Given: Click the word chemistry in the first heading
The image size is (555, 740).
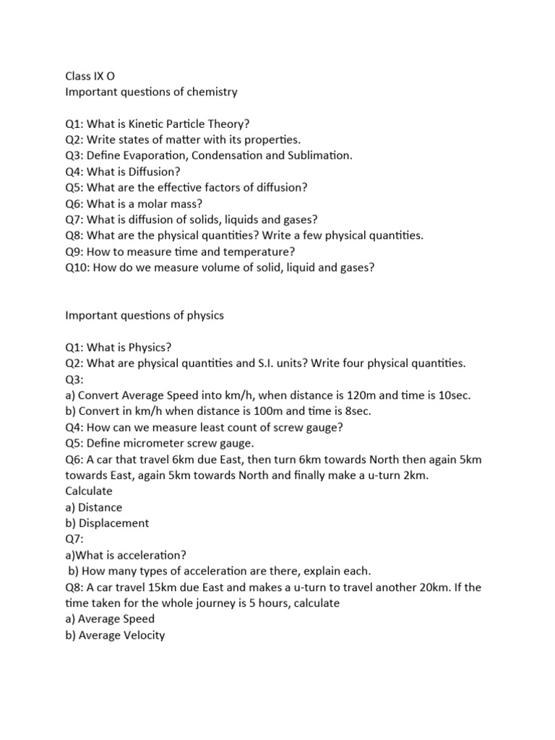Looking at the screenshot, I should [x=212, y=92].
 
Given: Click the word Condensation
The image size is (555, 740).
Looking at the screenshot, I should [x=233, y=155].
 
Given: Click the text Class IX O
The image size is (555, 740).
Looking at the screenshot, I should [x=90, y=76].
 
